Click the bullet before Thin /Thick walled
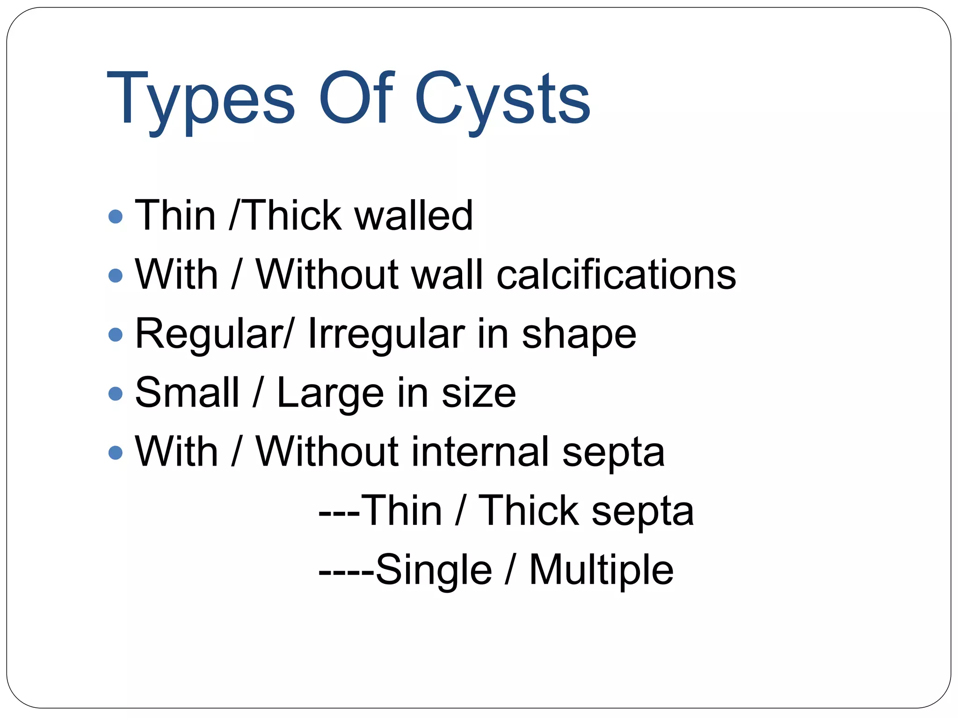115,216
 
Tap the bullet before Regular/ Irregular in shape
115,334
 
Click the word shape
579,335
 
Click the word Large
330,394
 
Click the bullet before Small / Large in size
115,393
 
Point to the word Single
434,570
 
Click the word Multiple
601,570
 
